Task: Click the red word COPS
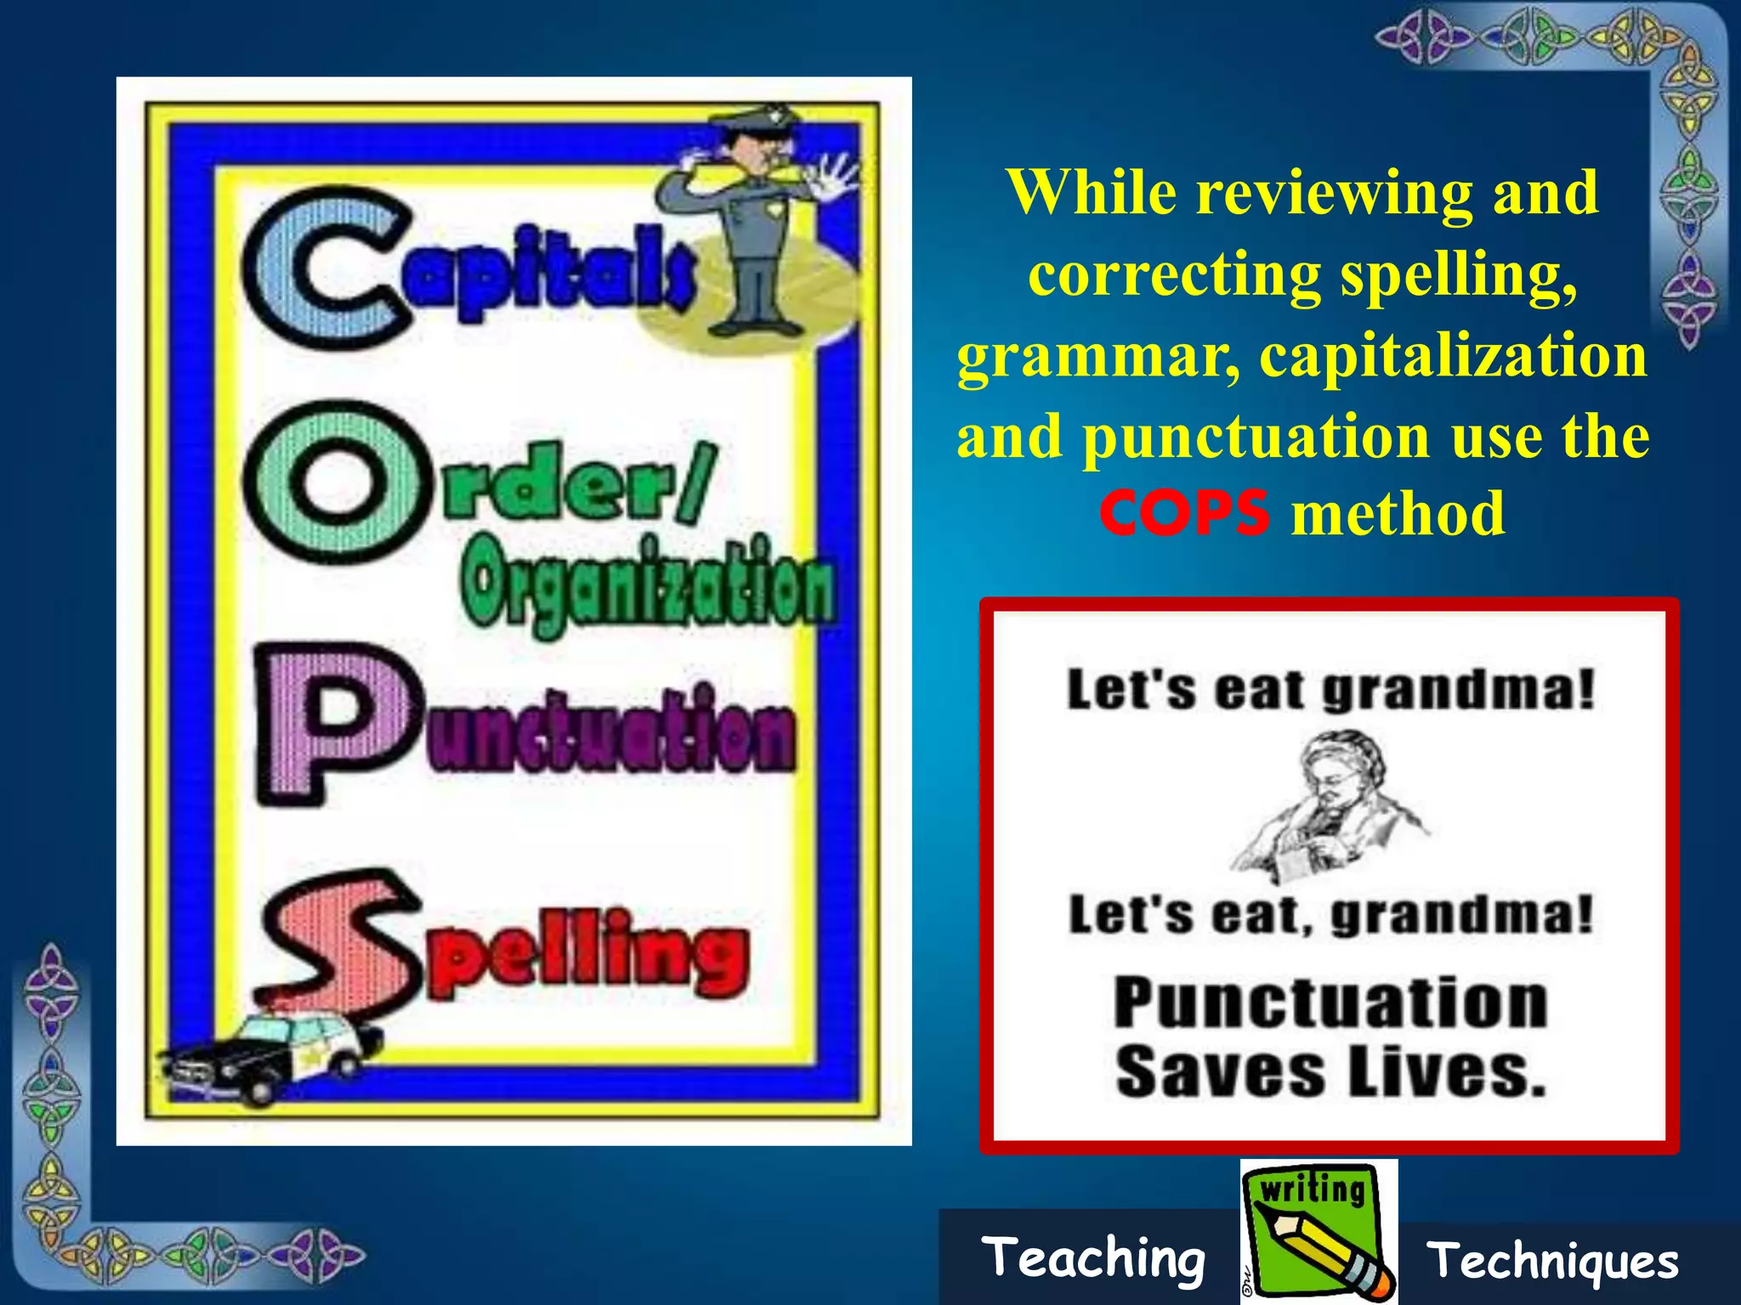(1184, 513)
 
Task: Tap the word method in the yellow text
(1398, 513)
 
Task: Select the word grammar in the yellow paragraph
(1097, 357)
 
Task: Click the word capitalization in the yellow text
(1453, 355)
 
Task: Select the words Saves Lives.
(1330, 1072)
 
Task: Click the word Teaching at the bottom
(1093, 1258)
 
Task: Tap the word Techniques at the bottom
(1552, 1261)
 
